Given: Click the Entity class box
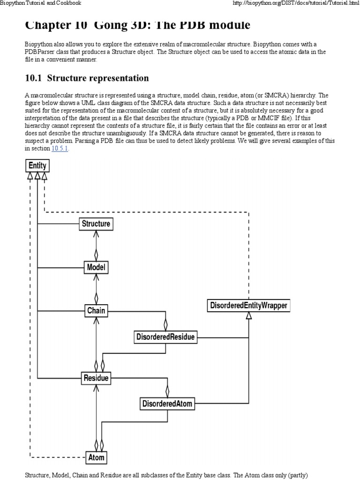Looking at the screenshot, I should pos(37,165).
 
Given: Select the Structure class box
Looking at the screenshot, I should pos(96,224).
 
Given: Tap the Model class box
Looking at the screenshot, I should pos(96,268).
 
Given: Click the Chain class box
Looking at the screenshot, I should pos(96,310).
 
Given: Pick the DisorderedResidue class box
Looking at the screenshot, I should pos(165,337).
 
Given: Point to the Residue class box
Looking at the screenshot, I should pos(96,378).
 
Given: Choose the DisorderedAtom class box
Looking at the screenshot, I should pos(167,403).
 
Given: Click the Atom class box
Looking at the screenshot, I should pos(96,457).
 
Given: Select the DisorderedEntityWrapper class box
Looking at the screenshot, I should pos(248,306).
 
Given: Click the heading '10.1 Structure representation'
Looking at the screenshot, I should pos(87,78).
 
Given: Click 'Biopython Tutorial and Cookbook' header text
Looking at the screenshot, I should pos(41,3).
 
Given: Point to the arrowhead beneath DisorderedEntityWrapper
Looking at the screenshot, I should pos(248,316).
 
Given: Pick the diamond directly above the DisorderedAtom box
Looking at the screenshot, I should pos(167,391).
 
